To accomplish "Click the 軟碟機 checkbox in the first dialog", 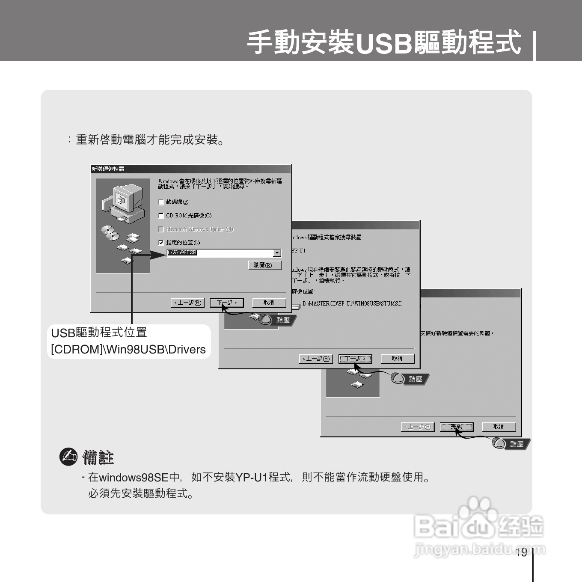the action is click(161, 202).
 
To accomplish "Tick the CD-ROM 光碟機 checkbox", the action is click(161, 216).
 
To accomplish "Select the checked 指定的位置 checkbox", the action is click(161, 243).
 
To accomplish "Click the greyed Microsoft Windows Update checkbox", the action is click(161, 229).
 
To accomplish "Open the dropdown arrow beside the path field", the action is click(277, 253).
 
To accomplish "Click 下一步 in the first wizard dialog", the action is click(227, 303).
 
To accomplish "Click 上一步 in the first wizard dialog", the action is click(187, 303).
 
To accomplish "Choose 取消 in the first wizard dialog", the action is click(269, 303).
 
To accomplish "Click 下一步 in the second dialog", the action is click(355, 359).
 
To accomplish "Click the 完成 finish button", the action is click(457, 427).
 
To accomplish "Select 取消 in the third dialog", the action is click(499, 427).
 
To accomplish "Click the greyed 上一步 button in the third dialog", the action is click(418, 427).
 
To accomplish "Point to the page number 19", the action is click(521, 552).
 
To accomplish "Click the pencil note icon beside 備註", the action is click(68, 457).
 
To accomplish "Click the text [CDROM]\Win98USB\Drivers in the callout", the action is click(128, 349).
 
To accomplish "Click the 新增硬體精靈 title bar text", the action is click(108, 169).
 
